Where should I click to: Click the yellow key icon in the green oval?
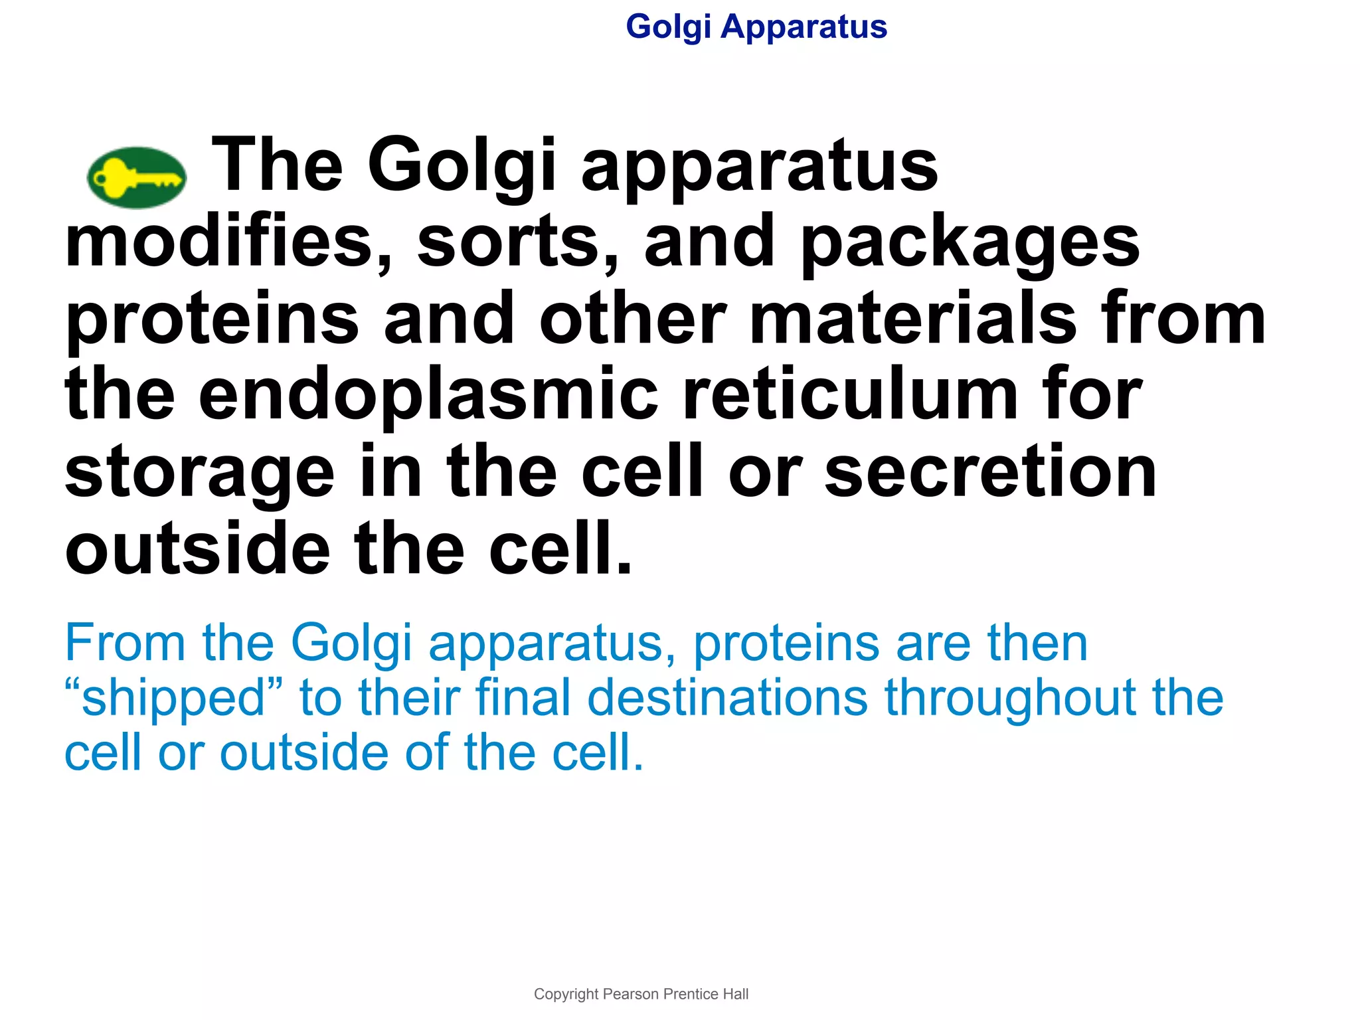pos(137,178)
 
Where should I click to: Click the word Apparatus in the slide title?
pos(804,28)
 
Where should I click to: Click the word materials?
pos(912,319)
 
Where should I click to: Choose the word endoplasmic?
pos(428,397)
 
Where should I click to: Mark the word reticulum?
pos(851,396)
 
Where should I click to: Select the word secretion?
pos(991,473)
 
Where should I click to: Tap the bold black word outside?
pos(197,550)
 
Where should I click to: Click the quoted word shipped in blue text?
pos(174,699)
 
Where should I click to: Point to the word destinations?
pos(727,698)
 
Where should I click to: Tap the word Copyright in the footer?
pos(566,994)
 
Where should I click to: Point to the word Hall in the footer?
pos(736,994)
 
